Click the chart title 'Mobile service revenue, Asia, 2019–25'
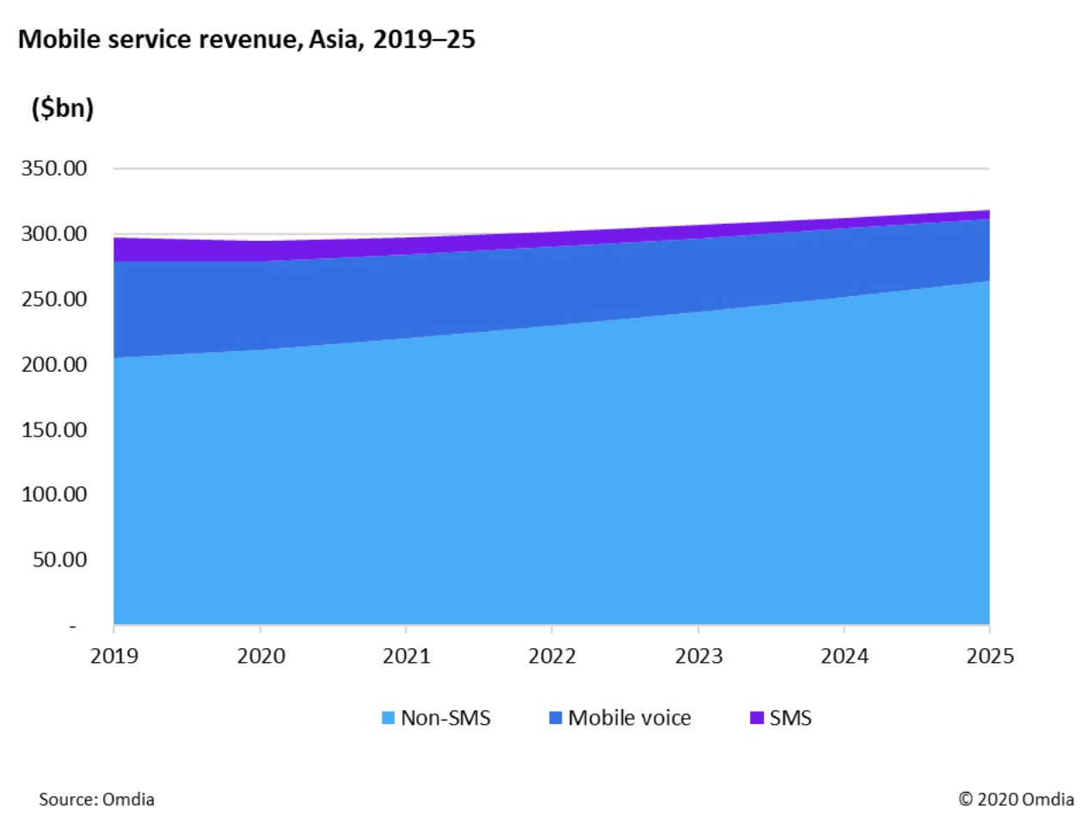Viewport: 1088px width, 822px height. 246,40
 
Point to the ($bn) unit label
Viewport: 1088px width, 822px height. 62,108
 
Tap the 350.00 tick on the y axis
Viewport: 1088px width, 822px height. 54,168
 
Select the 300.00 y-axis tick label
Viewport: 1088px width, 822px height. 54,233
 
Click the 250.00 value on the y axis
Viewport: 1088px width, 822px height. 54,299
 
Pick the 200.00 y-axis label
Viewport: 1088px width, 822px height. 54,364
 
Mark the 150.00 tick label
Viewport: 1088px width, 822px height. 54,430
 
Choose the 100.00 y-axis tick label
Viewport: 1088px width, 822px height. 54,494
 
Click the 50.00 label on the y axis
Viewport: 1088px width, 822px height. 59,559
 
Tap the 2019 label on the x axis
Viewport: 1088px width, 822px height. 114,656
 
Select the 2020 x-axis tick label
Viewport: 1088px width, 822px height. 261,656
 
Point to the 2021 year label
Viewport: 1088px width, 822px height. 406,656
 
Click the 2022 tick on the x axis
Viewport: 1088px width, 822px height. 552,656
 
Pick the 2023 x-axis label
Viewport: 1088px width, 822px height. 698,656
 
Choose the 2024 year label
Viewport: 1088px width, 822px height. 845,656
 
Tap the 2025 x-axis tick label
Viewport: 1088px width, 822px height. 990,656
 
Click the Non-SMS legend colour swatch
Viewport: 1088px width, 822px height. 388,718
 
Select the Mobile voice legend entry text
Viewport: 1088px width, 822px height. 630,718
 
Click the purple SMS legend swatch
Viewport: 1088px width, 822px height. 757,718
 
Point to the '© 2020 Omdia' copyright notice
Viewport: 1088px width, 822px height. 1016,799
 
